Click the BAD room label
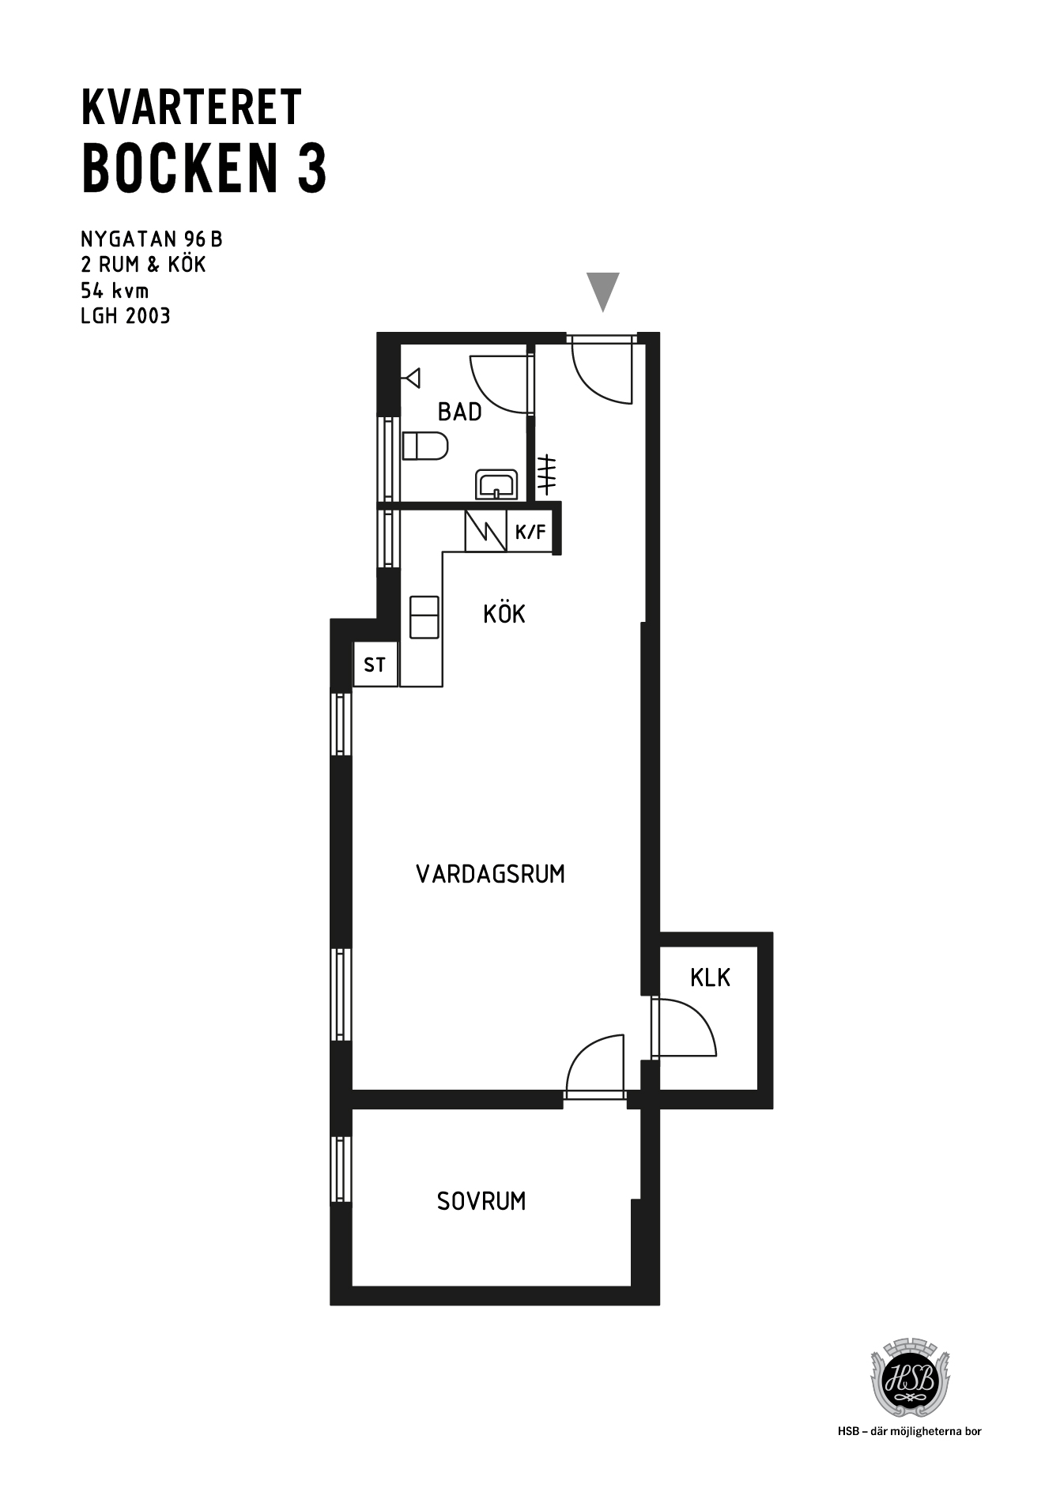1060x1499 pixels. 459,412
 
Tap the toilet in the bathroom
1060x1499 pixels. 425,446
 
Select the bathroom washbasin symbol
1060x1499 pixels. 496,484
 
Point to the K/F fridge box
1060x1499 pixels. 530,532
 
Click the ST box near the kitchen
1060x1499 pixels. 375,665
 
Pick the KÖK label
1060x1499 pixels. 504,614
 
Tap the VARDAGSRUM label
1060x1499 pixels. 490,874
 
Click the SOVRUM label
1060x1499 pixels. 481,1201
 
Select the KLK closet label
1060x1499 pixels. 710,978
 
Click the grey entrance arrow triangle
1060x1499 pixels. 603,291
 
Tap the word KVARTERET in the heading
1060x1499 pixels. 191,107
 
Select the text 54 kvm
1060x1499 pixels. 115,290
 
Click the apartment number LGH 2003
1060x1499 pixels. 126,316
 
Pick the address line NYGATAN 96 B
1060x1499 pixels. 152,239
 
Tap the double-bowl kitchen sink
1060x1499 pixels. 424,617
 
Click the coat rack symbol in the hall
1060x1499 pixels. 546,476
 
